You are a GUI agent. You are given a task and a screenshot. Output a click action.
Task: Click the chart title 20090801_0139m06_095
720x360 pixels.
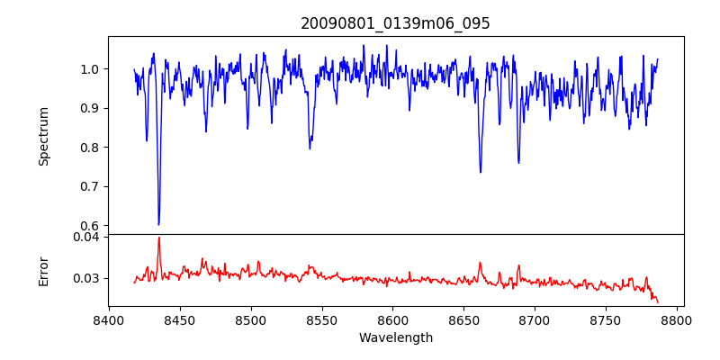pos(395,23)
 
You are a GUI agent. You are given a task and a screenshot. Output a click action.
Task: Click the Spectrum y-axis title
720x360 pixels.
pos(43,136)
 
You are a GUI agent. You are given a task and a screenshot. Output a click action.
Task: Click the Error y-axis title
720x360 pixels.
pos(43,270)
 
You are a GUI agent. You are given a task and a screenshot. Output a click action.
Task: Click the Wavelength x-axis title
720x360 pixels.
pos(395,338)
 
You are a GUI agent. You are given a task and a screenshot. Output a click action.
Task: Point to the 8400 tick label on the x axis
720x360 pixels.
pos(109,319)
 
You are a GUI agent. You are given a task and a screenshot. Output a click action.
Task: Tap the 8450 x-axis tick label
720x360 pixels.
pos(180,319)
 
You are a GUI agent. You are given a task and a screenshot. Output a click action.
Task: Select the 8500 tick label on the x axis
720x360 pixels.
pos(251,319)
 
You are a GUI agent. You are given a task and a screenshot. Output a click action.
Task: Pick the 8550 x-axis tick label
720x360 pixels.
pos(322,319)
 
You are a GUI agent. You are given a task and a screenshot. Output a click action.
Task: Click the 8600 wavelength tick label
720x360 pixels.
pos(393,319)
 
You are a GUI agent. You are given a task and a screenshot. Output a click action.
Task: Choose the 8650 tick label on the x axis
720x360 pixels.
pos(464,319)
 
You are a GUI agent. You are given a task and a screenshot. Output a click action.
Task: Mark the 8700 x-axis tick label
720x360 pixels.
pos(535,319)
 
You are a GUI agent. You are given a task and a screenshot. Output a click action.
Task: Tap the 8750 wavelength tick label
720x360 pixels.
pos(607,319)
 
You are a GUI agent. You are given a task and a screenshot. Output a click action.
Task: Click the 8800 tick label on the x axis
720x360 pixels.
pos(678,319)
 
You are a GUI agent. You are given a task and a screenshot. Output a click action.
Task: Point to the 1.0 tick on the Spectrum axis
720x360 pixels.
pos(90,69)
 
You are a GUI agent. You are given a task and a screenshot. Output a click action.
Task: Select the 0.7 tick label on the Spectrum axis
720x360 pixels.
pos(90,186)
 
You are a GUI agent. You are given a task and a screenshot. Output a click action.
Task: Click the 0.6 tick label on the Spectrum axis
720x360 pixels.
pos(90,226)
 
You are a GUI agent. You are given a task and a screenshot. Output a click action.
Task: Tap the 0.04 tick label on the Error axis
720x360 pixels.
pos(86,238)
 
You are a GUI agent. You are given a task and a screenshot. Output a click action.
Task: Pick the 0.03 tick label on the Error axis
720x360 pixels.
pos(86,278)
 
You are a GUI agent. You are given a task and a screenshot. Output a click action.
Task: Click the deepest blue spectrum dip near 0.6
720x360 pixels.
pos(158,223)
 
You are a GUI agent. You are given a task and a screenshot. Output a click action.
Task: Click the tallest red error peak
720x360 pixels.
pos(158,238)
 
